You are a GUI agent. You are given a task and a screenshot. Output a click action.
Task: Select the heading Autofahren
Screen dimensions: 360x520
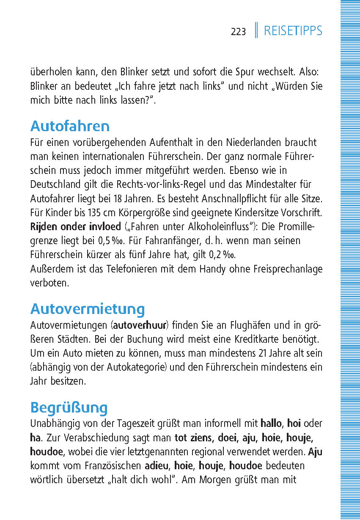[x=70, y=126]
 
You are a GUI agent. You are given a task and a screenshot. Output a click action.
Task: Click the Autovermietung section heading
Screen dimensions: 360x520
[x=88, y=309]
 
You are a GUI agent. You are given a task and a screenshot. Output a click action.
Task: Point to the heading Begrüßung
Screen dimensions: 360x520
[x=69, y=408]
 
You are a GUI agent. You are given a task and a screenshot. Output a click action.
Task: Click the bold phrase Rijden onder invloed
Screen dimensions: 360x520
[x=75, y=226]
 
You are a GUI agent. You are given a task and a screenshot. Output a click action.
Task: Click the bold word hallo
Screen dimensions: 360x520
[x=271, y=423]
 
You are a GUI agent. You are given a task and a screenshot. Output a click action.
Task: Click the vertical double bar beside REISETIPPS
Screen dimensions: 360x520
[x=256, y=30]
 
